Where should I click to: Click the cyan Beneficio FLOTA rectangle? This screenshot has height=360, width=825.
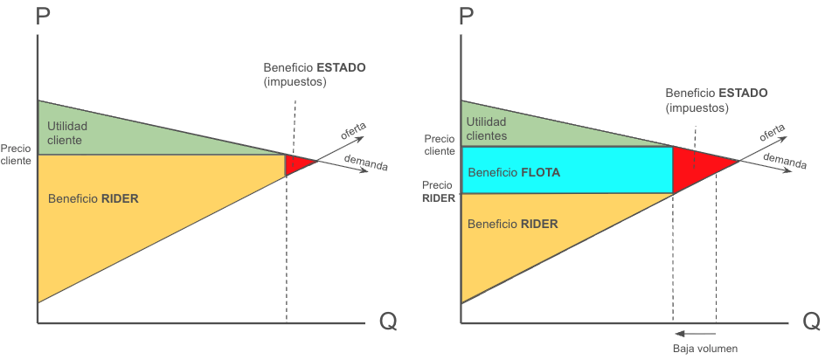[x=567, y=170]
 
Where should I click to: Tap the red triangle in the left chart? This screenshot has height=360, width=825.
[x=297, y=163]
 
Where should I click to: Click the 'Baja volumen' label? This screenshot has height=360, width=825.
[x=705, y=349]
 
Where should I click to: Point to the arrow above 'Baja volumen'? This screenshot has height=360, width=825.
[x=695, y=333]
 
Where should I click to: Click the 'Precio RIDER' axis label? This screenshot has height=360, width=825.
[x=439, y=192]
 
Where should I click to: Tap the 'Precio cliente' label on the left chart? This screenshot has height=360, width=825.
[x=16, y=155]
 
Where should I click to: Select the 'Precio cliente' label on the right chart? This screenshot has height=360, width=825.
[x=440, y=145]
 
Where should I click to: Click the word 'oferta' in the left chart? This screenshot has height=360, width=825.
[x=354, y=131]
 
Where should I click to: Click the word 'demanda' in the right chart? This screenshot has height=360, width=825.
[x=785, y=162]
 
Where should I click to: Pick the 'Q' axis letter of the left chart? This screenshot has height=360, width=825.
[x=388, y=322]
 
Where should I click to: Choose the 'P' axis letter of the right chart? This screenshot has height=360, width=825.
[x=467, y=17]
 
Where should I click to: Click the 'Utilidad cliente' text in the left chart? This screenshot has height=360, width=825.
[x=67, y=134]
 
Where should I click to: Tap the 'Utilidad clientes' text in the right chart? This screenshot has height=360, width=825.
[x=487, y=129]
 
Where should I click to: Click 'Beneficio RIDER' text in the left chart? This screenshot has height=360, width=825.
[x=94, y=199]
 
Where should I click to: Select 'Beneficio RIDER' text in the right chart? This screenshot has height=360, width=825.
[x=512, y=224]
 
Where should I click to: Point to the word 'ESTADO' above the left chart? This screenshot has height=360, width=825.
[x=343, y=68]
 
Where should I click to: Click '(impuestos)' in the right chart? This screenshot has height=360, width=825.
[x=697, y=107]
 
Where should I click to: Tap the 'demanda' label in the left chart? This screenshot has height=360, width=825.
[x=365, y=163]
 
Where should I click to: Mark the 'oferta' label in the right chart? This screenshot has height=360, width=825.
[x=773, y=132]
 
